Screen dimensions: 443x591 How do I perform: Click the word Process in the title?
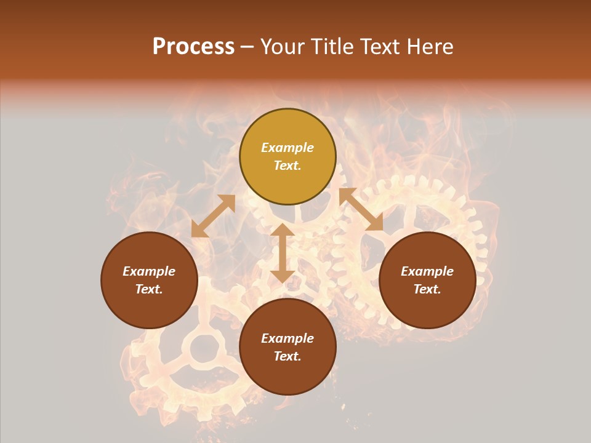[193, 47]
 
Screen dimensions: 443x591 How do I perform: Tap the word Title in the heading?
[330, 47]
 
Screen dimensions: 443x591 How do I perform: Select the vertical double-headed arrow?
[283, 253]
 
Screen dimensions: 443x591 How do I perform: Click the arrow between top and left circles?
[213, 216]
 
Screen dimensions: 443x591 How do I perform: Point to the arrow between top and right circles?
[361, 209]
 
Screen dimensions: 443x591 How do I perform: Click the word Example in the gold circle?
[287, 148]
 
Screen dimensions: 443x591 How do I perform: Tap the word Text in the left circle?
[149, 289]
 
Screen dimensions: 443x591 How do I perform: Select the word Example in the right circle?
[427, 271]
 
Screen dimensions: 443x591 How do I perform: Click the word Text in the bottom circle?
[287, 356]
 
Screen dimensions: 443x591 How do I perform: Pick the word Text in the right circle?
[427, 289]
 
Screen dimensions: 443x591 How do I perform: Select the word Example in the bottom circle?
[287, 338]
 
